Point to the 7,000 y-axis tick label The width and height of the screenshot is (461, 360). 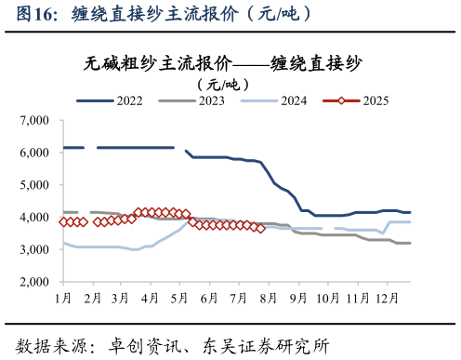34,120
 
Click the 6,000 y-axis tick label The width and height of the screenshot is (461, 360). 34,153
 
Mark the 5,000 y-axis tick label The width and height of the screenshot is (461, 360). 34,185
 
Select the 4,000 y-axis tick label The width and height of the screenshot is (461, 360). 34,218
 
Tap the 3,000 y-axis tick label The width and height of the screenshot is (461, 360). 34,250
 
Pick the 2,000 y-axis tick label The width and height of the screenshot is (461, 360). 34,282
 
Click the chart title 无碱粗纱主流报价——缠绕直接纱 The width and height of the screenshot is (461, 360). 223,63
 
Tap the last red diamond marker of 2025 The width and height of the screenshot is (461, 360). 260,228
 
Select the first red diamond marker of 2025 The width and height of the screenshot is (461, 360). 63,222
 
